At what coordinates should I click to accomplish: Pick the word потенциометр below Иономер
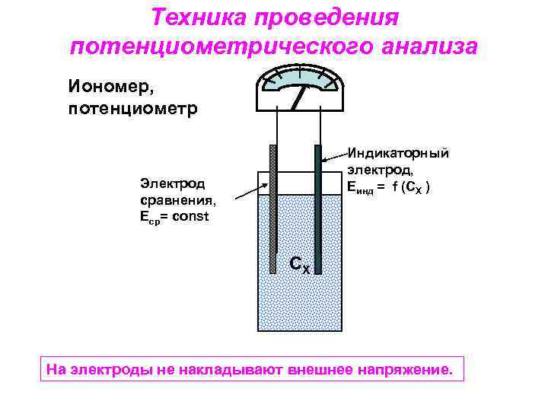click(x=132, y=108)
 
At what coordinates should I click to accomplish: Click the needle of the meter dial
click(x=299, y=96)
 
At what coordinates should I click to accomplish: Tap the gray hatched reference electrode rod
click(x=273, y=205)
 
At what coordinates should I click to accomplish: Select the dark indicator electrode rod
click(x=318, y=205)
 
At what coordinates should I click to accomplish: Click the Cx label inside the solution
click(x=298, y=264)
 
